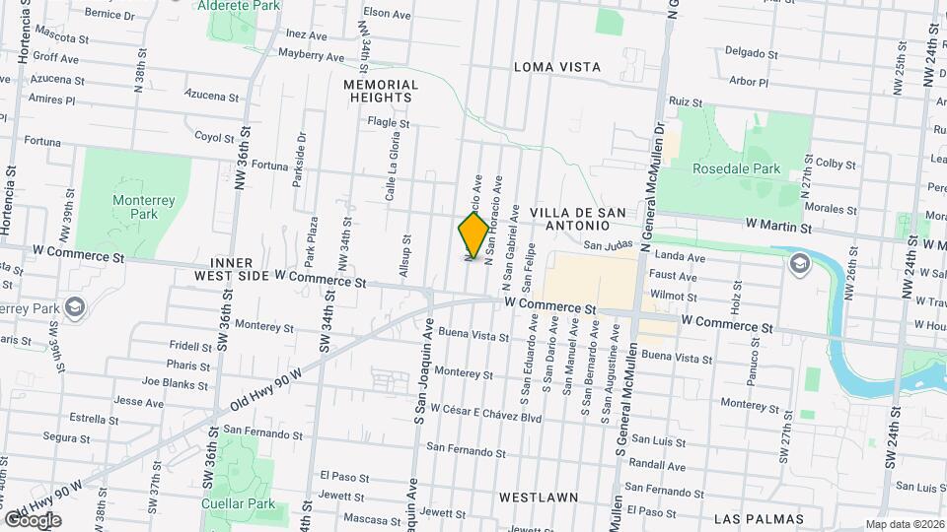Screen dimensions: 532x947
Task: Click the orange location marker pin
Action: [x=473, y=235]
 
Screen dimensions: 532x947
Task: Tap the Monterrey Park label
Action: [x=144, y=207]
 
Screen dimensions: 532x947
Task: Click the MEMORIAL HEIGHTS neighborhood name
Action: [x=381, y=92]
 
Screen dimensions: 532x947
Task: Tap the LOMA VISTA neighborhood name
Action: [x=557, y=67]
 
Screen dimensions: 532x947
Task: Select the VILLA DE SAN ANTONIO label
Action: [x=577, y=220]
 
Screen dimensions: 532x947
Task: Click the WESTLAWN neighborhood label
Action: [x=538, y=498]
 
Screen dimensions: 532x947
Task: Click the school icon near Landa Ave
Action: [x=798, y=263]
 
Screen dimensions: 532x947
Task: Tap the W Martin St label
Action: [x=778, y=228]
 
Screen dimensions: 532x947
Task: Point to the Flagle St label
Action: [x=388, y=123]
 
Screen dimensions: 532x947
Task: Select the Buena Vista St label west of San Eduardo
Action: [x=474, y=335]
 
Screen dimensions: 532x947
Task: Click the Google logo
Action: [x=33, y=519]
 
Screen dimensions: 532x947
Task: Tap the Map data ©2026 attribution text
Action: [x=904, y=524]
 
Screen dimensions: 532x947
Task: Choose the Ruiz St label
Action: [x=685, y=101]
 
